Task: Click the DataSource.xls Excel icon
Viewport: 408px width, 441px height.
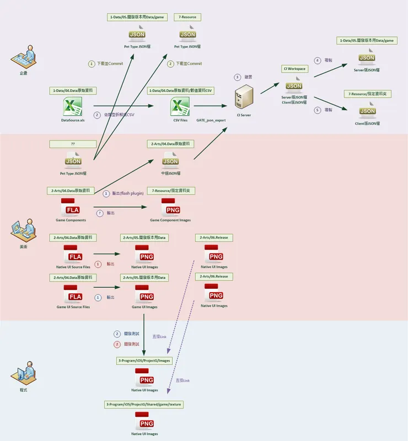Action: [x=73, y=106]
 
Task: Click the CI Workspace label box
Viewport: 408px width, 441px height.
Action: [x=294, y=69]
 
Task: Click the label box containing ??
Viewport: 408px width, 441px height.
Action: [x=73, y=144]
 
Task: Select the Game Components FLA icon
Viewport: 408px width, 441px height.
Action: [x=73, y=208]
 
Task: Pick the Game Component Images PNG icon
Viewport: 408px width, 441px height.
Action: [x=170, y=208]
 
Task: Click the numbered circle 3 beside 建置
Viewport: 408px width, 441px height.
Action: [x=237, y=77]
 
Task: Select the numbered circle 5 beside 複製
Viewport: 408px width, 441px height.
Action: [x=317, y=110]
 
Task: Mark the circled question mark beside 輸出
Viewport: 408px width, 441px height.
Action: [x=99, y=213]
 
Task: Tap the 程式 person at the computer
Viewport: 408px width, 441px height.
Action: [x=23, y=375]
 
